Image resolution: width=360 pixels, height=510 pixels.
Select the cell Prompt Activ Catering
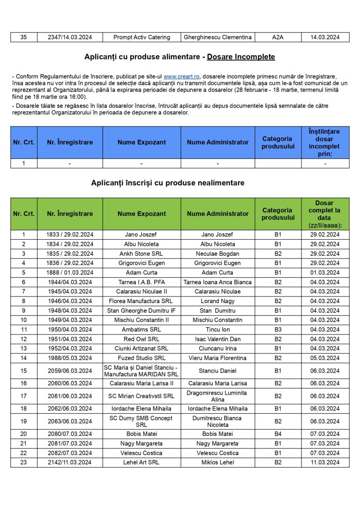coord(142,37)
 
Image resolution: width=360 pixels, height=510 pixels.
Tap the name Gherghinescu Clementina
coord(217,37)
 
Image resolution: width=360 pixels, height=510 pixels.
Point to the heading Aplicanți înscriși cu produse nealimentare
coord(167,183)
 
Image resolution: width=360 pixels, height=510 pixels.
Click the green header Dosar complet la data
coord(325,214)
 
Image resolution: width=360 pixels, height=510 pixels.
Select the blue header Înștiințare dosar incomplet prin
coord(325,142)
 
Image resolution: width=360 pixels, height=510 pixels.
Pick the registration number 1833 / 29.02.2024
coord(70,235)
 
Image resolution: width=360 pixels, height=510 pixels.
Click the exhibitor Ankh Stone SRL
coord(142,253)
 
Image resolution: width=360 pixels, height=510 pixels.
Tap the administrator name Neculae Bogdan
coord(217,253)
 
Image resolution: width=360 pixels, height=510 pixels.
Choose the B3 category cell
coord(278,329)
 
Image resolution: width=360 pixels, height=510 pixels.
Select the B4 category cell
coord(278,434)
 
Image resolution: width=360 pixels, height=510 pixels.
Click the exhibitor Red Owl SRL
coord(142,339)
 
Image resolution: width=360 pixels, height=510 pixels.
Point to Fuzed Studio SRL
coord(142,358)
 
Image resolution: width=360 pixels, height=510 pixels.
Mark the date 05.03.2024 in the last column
coord(325,358)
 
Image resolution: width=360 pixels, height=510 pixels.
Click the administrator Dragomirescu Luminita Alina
coord(217,396)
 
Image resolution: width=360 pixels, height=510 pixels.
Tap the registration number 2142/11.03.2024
coord(70,463)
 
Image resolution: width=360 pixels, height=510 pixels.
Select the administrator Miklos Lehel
coord(217,463)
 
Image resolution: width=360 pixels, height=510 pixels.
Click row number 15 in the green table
coord(23,371)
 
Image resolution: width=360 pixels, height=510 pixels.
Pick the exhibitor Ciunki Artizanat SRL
coord(142,349)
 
